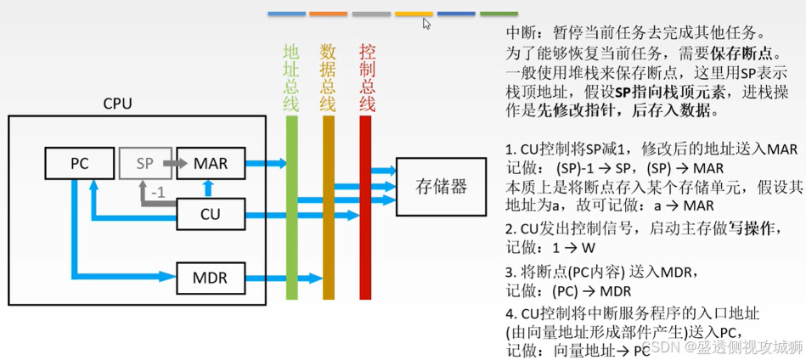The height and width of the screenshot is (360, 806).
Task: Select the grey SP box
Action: click(x=144, y=163)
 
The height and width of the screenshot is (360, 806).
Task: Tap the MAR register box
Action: click(x=211, y=163)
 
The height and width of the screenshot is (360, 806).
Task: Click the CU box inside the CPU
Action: click(x=211, y=214)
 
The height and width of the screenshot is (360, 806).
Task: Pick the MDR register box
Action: click(x=211, y=276)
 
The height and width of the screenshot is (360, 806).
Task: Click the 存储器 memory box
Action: click(x=442, y=187)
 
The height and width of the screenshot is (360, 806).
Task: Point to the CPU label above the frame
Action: click(x=118, y=104)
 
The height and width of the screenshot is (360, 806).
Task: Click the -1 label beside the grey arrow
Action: click(x=158, y=193)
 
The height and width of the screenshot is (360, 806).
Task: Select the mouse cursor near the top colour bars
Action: click(x=427, y=24)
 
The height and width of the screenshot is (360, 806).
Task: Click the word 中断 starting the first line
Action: click(x=520, y=33)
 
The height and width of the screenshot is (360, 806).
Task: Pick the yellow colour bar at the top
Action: click(x=414, y=14)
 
